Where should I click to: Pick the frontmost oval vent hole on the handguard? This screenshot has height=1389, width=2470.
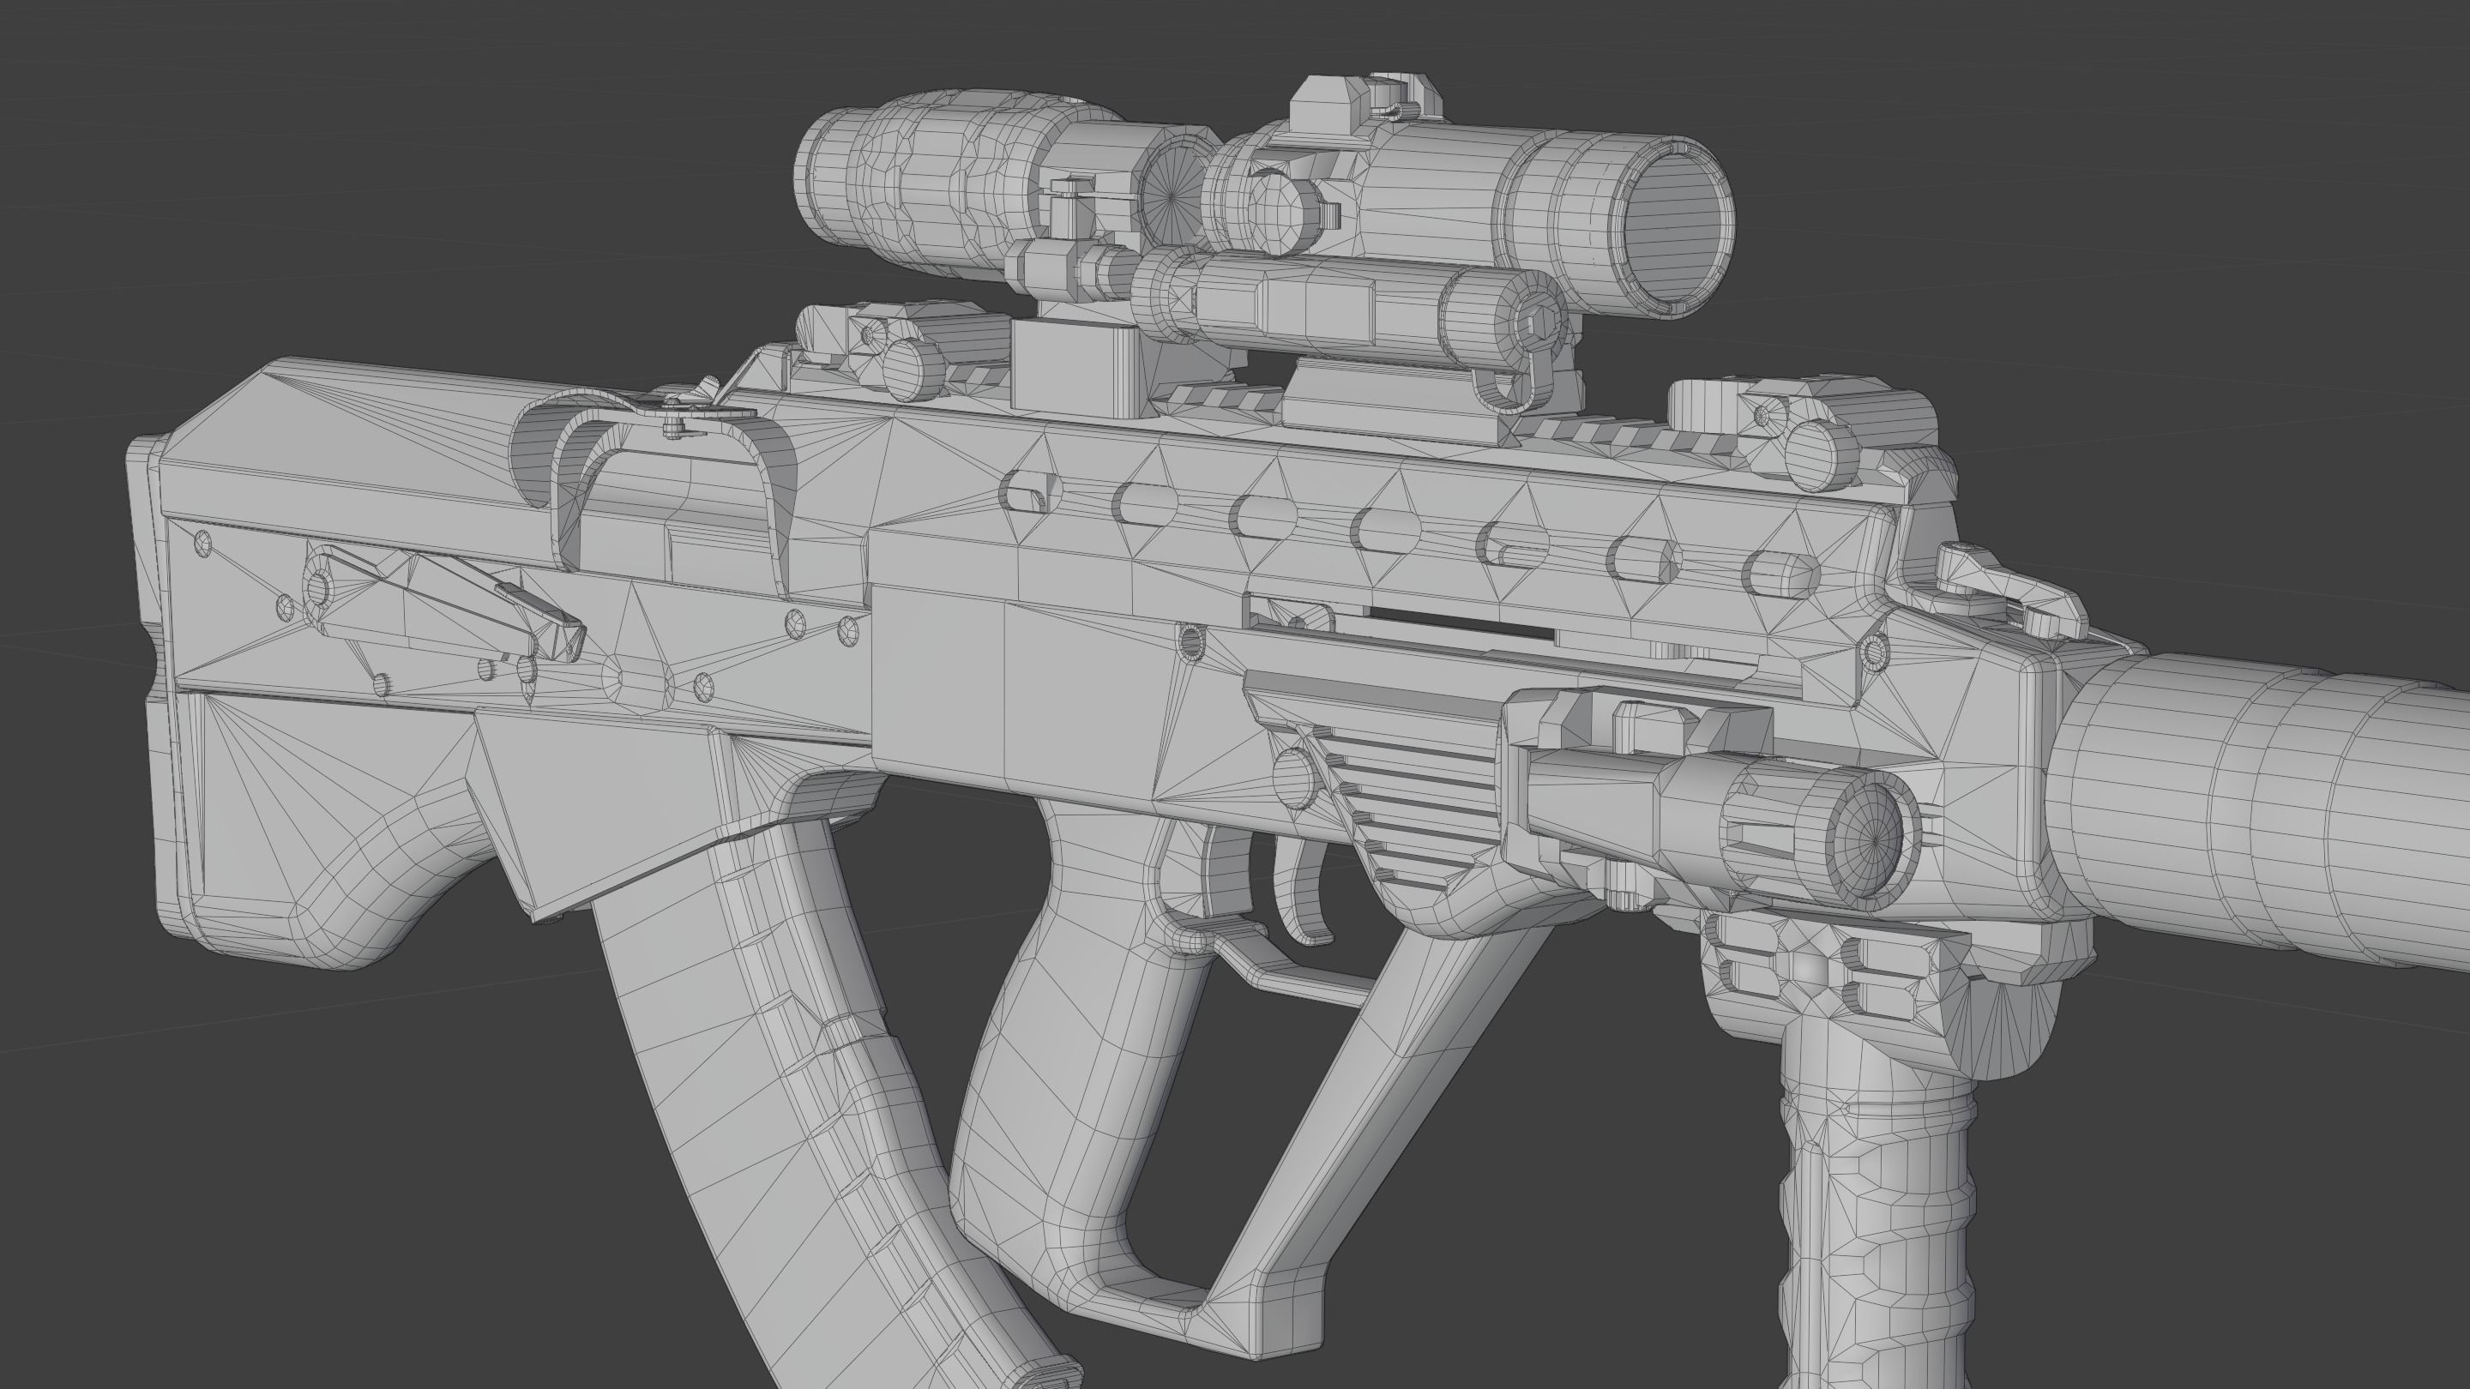(x=1780, y=571)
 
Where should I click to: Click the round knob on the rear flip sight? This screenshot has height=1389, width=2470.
(x=911, y=368)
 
